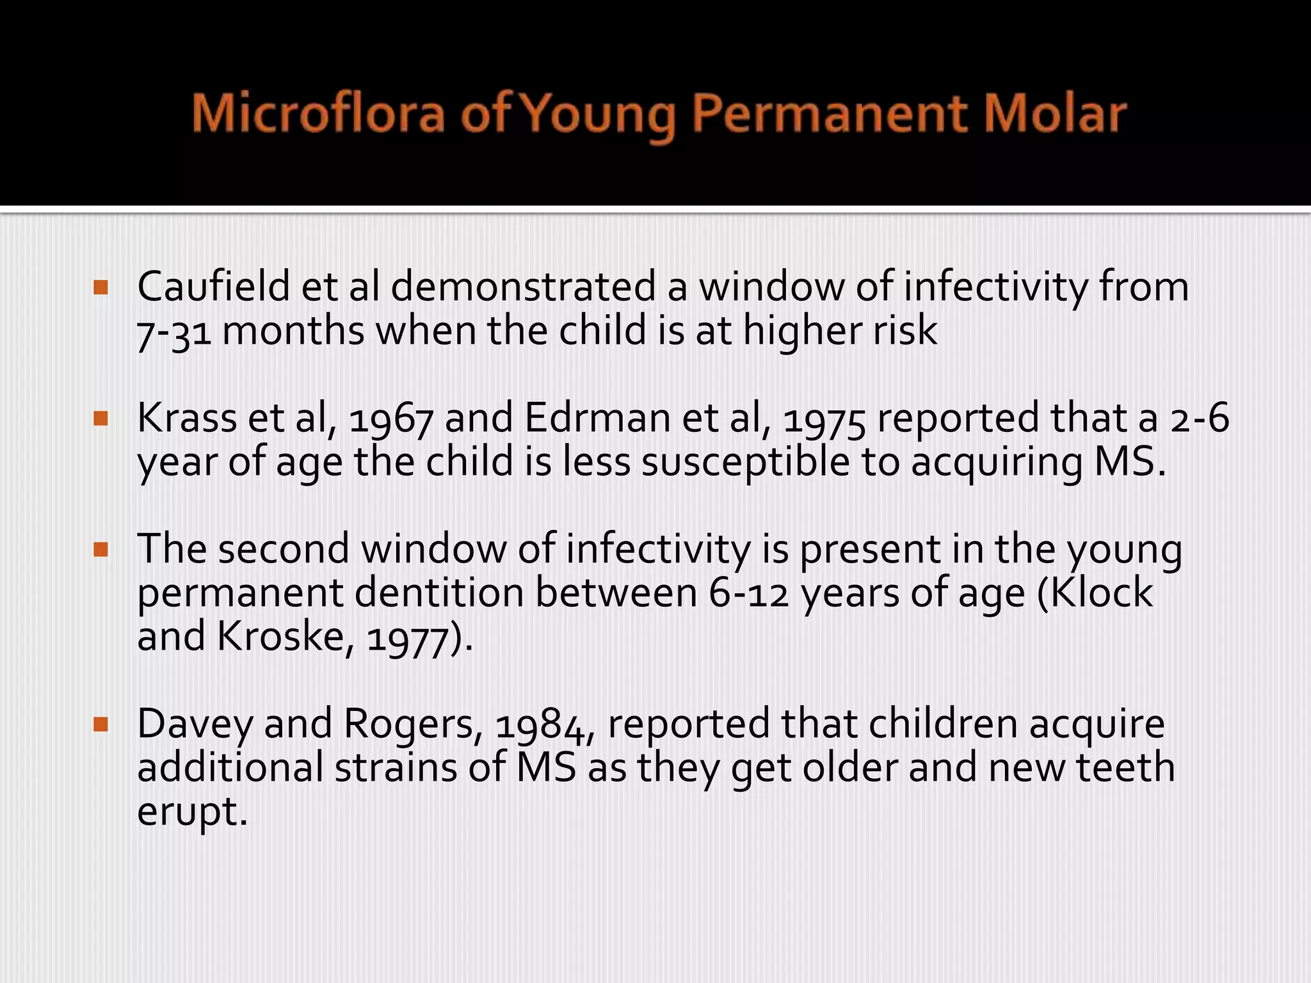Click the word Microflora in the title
click(318, 114)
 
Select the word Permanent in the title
click(830, 114)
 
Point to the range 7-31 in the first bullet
click(174, 332)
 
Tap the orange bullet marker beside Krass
click(101, 419)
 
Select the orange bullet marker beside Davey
click(101, 724)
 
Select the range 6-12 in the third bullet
click(748, 594)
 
